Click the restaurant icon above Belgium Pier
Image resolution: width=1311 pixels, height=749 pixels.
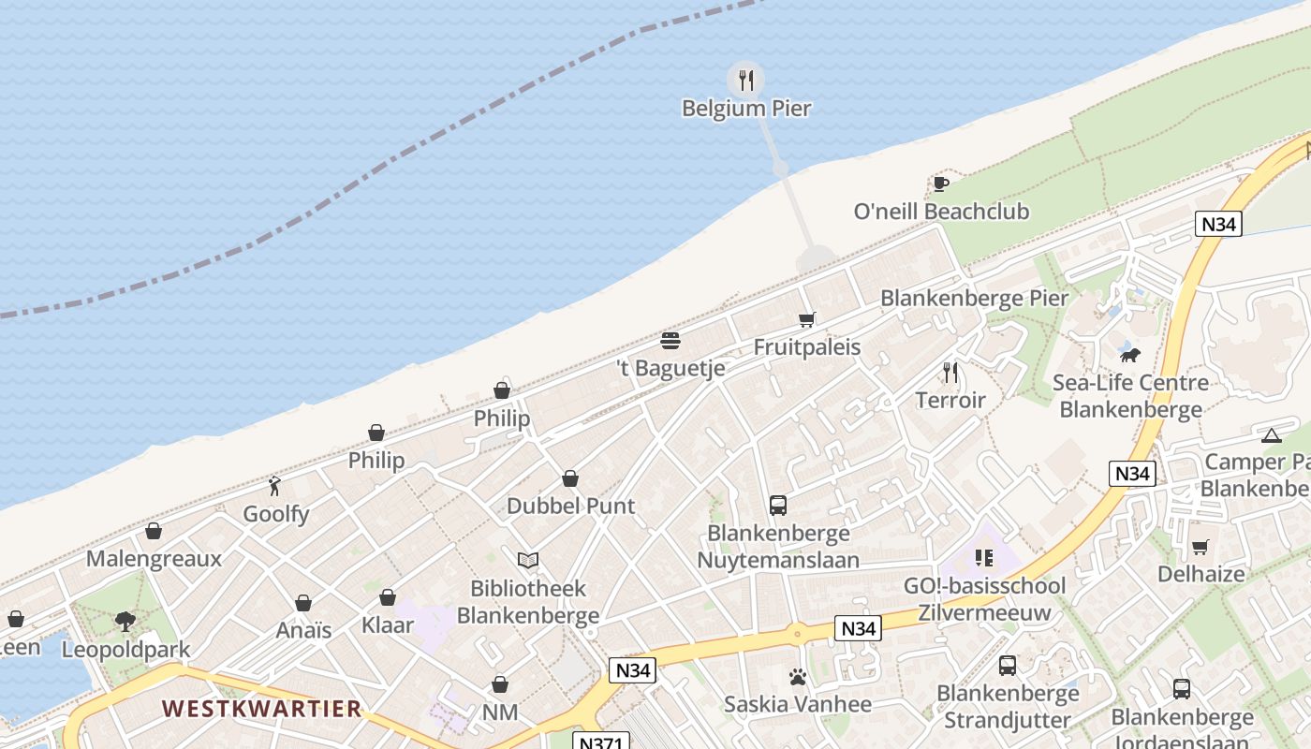745,81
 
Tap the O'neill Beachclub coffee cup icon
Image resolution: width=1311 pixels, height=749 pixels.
941,184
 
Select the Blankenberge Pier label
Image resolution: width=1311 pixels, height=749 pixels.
974,299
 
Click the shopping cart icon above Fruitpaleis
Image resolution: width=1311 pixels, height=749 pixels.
807,319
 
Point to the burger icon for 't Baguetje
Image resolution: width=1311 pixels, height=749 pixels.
670,340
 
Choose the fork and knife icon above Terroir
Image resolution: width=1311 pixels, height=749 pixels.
950,373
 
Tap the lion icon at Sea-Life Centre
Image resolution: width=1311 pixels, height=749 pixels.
1130,355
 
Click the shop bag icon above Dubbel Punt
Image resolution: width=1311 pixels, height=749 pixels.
570,478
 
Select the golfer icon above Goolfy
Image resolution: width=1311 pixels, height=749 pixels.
274,486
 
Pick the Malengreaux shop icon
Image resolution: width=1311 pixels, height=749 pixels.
154,532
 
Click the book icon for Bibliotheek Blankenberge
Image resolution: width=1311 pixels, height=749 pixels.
528,560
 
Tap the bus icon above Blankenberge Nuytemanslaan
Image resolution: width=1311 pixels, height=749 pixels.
778,506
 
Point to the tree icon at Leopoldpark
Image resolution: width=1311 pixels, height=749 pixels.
125,622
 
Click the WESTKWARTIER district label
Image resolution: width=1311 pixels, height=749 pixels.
262,708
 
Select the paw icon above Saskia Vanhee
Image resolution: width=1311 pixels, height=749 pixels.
798,677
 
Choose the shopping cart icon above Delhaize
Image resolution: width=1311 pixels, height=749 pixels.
1201,547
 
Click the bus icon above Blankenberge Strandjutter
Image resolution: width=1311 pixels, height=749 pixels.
1008,666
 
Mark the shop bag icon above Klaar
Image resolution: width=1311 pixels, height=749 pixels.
388,597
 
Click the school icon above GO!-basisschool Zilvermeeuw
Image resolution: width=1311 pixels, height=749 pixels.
983,558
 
